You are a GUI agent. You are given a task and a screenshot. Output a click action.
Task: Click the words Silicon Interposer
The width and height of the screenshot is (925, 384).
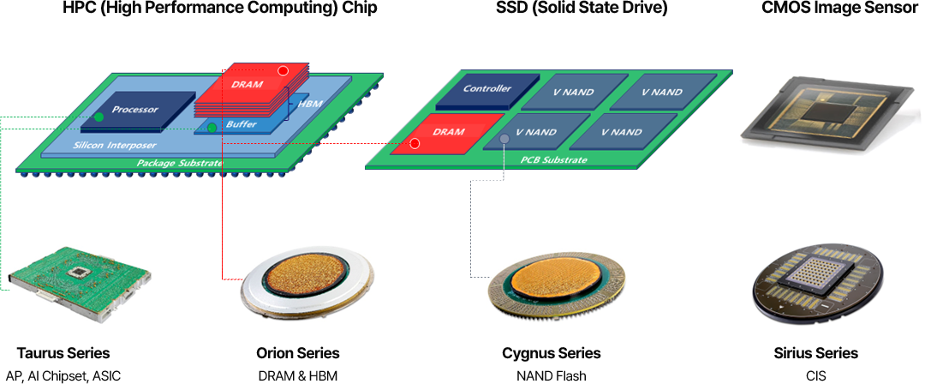pos(116,146)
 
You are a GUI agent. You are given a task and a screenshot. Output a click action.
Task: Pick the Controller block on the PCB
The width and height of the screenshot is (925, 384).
pos(486,90)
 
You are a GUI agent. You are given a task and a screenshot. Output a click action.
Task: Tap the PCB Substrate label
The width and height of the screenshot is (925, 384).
pos(554,160)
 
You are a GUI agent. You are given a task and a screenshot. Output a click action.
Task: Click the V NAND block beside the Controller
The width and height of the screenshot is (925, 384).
pos(571,93)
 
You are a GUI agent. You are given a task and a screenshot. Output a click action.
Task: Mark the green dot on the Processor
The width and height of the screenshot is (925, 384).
pos(99,117)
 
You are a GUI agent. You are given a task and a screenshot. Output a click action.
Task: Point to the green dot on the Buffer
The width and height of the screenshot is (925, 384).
pos(212,129)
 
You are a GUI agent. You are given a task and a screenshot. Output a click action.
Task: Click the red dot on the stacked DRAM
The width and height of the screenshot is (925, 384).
pos(283,70)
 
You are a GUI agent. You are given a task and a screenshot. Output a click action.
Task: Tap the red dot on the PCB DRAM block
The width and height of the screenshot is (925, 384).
pos(415,143)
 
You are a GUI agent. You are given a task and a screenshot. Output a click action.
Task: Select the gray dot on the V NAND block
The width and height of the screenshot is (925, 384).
pos(504,139)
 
